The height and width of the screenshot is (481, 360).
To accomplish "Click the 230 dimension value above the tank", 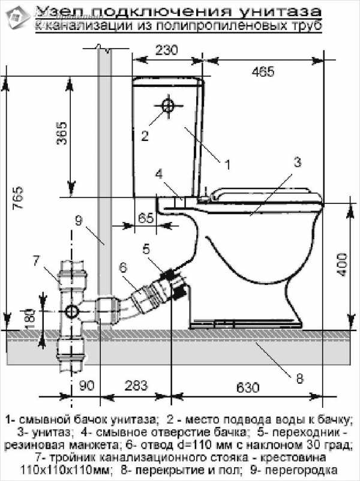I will [x=166, y=50].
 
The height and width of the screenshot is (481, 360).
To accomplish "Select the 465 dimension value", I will [x=263, y=72].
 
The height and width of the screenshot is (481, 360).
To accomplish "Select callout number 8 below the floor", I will [x=299, y=378].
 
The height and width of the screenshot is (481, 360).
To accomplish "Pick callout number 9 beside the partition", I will [x=77, y=220].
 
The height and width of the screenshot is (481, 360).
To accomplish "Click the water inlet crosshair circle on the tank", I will [x=168, y=106].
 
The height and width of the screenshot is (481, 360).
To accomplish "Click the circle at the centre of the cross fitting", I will [x=71, y=312].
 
